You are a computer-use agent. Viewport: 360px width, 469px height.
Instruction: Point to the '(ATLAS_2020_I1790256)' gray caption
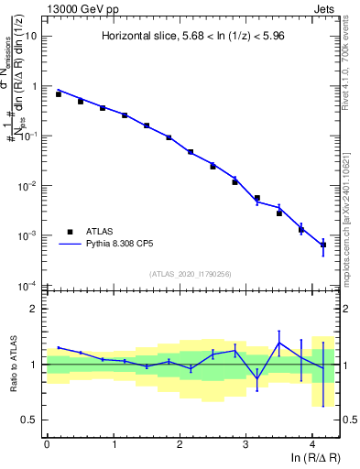(x=191, y=273)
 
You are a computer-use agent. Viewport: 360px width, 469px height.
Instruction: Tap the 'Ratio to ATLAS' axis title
(x=13, y=364)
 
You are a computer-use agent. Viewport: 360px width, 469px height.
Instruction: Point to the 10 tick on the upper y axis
(x=32, y=37)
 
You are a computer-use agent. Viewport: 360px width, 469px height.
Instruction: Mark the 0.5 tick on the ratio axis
(x=30, y=420)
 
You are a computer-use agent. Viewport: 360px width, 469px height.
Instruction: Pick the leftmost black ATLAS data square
(x=58, y=94)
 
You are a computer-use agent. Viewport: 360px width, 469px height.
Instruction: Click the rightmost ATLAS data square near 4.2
(x=323, y=245)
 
